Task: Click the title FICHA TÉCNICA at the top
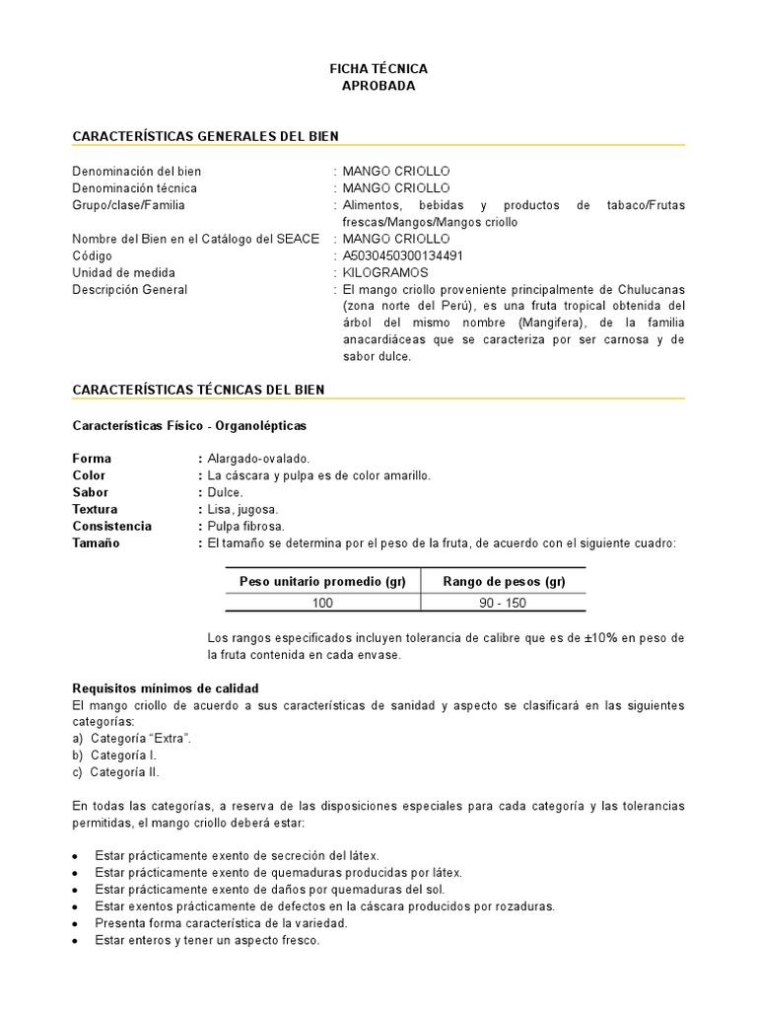378,69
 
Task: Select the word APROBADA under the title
378,86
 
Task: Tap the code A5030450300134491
404,255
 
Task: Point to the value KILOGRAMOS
385,272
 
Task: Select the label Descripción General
130,290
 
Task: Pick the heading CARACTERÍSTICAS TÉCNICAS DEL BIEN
198,390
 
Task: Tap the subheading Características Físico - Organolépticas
190,425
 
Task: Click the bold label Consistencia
112,526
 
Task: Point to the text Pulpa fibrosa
244,526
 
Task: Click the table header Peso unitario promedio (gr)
323,581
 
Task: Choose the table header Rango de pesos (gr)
504,581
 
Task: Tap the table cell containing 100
323,603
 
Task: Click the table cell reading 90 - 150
504,603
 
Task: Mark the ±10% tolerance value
600,638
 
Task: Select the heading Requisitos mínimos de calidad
166,687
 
